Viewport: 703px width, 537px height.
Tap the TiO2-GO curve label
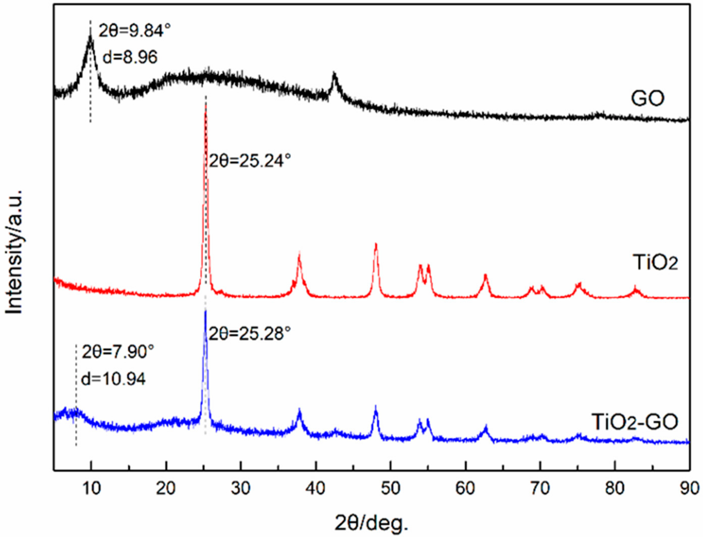pyautogui.click(x=635, y=422)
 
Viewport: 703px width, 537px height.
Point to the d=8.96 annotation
pyautogui.click(x=130, y=58)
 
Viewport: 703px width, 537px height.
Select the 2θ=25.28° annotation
pyautogui.click(x=250, y=334)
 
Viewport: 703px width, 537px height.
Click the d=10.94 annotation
pyautogui.click(x=114, y=379)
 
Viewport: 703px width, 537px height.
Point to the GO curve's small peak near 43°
pyautogui.click(x=334, y=74)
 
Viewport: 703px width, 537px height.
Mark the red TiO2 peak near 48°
pyautogui.click(x=376, y=245)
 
